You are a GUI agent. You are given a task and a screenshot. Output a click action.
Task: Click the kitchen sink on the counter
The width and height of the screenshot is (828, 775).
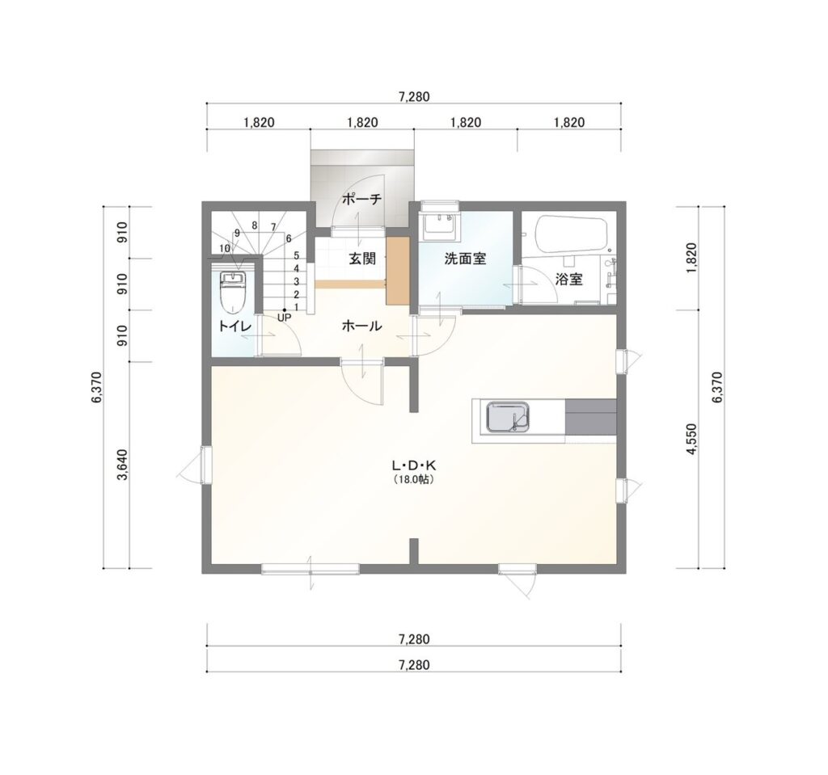coord(507,416)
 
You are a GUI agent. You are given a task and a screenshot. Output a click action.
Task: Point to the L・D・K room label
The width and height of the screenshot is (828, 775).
coord(413,465)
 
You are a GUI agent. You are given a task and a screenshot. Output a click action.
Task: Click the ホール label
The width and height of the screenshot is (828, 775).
coord(361,326)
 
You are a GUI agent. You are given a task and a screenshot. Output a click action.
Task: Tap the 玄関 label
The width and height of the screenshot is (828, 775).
coord(362,259)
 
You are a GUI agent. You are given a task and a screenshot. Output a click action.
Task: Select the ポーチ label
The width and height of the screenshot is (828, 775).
coord(361,200)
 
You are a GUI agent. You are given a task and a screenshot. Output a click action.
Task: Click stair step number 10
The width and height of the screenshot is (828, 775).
coord(225,248)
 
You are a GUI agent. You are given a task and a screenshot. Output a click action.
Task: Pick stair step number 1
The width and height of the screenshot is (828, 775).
coord(296,307)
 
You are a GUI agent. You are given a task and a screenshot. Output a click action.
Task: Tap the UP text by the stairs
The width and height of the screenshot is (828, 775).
coord(284,318)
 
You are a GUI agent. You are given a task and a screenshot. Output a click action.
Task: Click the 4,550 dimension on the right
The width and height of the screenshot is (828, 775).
coord(692,438)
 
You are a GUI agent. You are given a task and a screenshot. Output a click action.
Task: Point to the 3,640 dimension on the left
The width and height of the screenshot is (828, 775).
coord(123,465)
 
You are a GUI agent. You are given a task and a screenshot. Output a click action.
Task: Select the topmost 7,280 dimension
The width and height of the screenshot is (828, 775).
coord(414,97)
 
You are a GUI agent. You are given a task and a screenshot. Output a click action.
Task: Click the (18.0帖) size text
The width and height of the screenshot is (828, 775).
coord(414,480)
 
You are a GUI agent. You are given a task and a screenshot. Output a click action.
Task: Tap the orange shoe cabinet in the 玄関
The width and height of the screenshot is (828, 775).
coord(398,271)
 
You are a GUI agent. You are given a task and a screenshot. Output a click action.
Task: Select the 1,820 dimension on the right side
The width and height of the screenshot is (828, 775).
coord(692,258)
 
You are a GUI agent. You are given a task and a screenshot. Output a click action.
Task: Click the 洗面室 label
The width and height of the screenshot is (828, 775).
coord(465,259)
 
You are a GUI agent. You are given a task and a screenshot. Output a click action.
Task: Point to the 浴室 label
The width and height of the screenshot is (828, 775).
coord(569,280)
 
